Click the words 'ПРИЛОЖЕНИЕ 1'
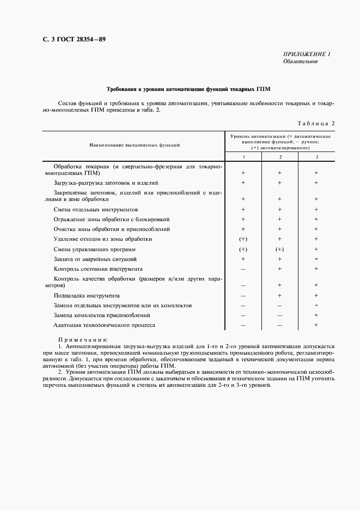[307, 53]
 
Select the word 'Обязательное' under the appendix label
[300, 61]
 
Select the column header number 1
[243, 157]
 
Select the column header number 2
[280, 157]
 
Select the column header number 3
[316, 157]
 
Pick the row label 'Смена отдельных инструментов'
[95, 209]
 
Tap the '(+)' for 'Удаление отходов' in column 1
[243, 239]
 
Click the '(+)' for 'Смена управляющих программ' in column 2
[280, 249]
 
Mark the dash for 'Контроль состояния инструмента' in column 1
[243, 269]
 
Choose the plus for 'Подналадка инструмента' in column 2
[280, 295]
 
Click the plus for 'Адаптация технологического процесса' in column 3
[316, 325]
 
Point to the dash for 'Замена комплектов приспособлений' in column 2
[280, 315]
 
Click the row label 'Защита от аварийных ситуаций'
[95, 259]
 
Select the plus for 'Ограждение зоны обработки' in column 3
[316, 219]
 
